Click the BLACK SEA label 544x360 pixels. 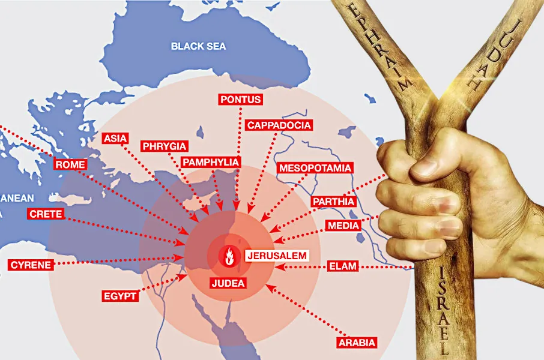point(198,46)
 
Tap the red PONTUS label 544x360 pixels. point(240,100)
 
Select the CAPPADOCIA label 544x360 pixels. point(279,125)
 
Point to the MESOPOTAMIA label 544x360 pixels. point(315,168)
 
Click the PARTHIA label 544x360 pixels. point(333,202)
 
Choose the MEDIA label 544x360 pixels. point(343,226)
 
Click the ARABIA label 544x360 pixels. point(356,343)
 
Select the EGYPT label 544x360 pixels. point(120,296)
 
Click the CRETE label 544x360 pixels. point(45,214)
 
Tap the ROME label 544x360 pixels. point(70,164)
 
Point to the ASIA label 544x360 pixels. point(115,138)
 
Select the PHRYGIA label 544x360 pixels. point(165,146)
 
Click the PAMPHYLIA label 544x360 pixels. point(210,162)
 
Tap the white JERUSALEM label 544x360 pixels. point(277,255)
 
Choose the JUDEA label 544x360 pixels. point(228,283)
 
